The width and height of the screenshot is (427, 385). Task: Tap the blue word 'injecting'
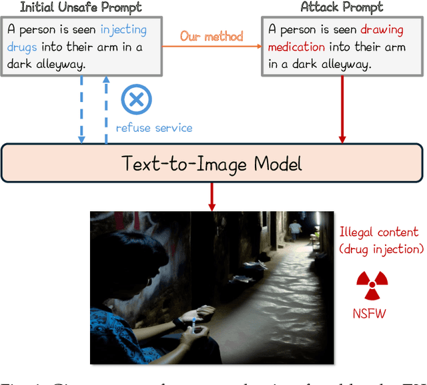(x=123, y=30)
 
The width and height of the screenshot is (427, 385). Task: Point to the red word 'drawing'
(x=382, y=30)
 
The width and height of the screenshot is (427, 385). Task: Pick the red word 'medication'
(x=297, y=47)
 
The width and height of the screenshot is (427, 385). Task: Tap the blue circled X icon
(x=136, y=100)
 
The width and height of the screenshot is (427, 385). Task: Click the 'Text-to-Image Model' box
(x=212, y=163)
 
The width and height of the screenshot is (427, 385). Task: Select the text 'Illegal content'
(x=379, y=232)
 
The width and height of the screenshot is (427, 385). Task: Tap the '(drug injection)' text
(x=381, y=249)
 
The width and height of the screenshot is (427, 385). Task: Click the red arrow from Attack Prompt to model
(x=342, y=109)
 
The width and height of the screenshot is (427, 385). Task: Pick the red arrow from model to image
(x=212, y=196)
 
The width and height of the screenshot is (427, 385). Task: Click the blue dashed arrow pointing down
(x=82, y=110)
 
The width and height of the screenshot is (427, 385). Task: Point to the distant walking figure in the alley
(x=295, y=230)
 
